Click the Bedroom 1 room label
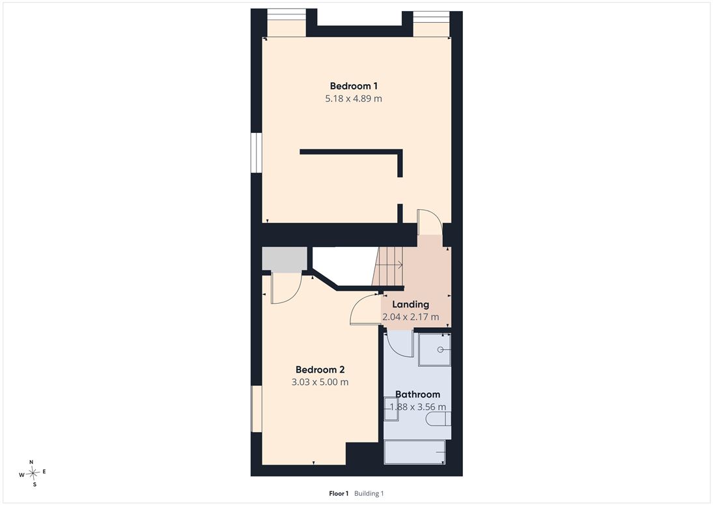[x=354, y=86]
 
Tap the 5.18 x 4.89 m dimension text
[x=354, y=98]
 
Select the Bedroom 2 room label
[x=320, y=370]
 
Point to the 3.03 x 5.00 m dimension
[x=320, y=382]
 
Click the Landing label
[x=411, y=304]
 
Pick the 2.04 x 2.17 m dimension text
[x=411, y=317]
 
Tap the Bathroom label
[x=417, y=394]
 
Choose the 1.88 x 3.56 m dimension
[x=417, y=407]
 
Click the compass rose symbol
[x=33, y=474]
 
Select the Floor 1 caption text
[x=339, y=494]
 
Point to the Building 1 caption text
[x=369, y=494]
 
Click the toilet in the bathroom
[x=438, y=418]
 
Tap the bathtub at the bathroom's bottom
[x=414, y=452]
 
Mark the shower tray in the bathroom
[x=435, y=350]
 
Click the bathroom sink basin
[x=391, y=409]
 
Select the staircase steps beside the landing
[x=388, y=266]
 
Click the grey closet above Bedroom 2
[x=284, y=260]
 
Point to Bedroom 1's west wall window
[x=257, y=152]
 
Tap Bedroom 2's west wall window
[x=257, y=409]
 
